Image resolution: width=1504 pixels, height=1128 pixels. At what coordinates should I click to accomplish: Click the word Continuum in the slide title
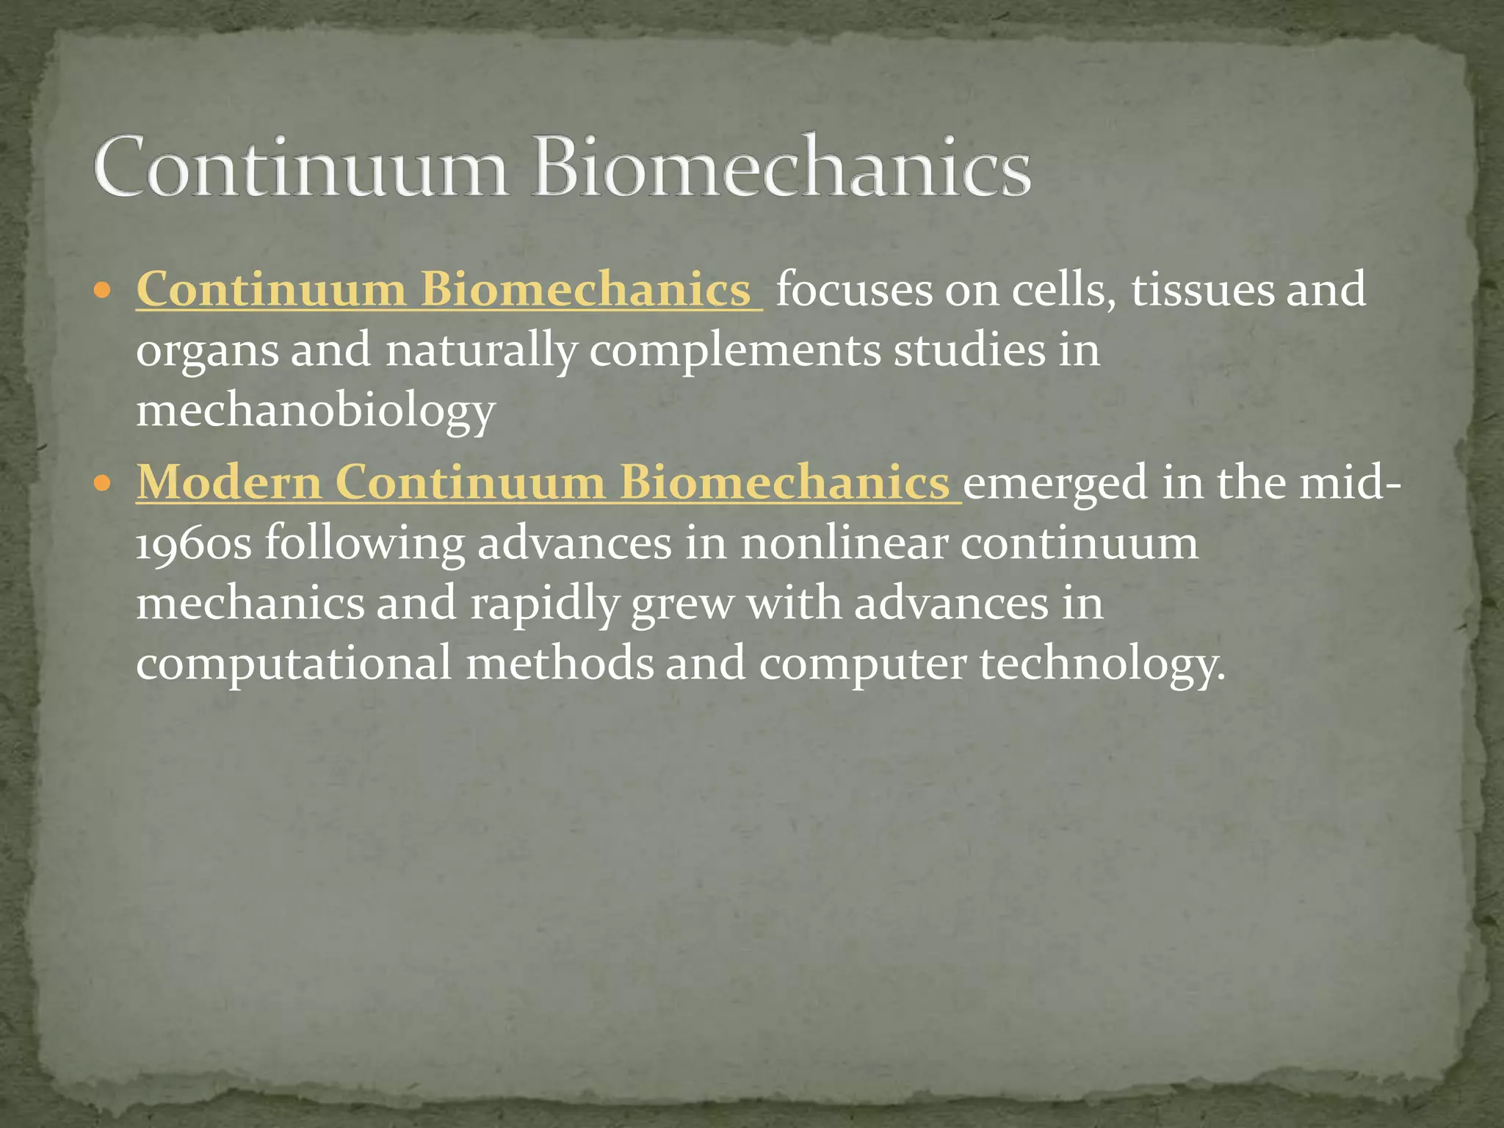coord(300,167)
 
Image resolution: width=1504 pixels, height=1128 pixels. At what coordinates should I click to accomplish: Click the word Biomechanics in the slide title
coord(781,167)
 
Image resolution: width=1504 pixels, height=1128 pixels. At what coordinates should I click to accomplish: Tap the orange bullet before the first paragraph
coord(103,291)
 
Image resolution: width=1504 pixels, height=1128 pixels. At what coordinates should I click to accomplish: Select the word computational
coord(294,664)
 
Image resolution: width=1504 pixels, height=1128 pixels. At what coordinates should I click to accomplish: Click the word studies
coord(969,351)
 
